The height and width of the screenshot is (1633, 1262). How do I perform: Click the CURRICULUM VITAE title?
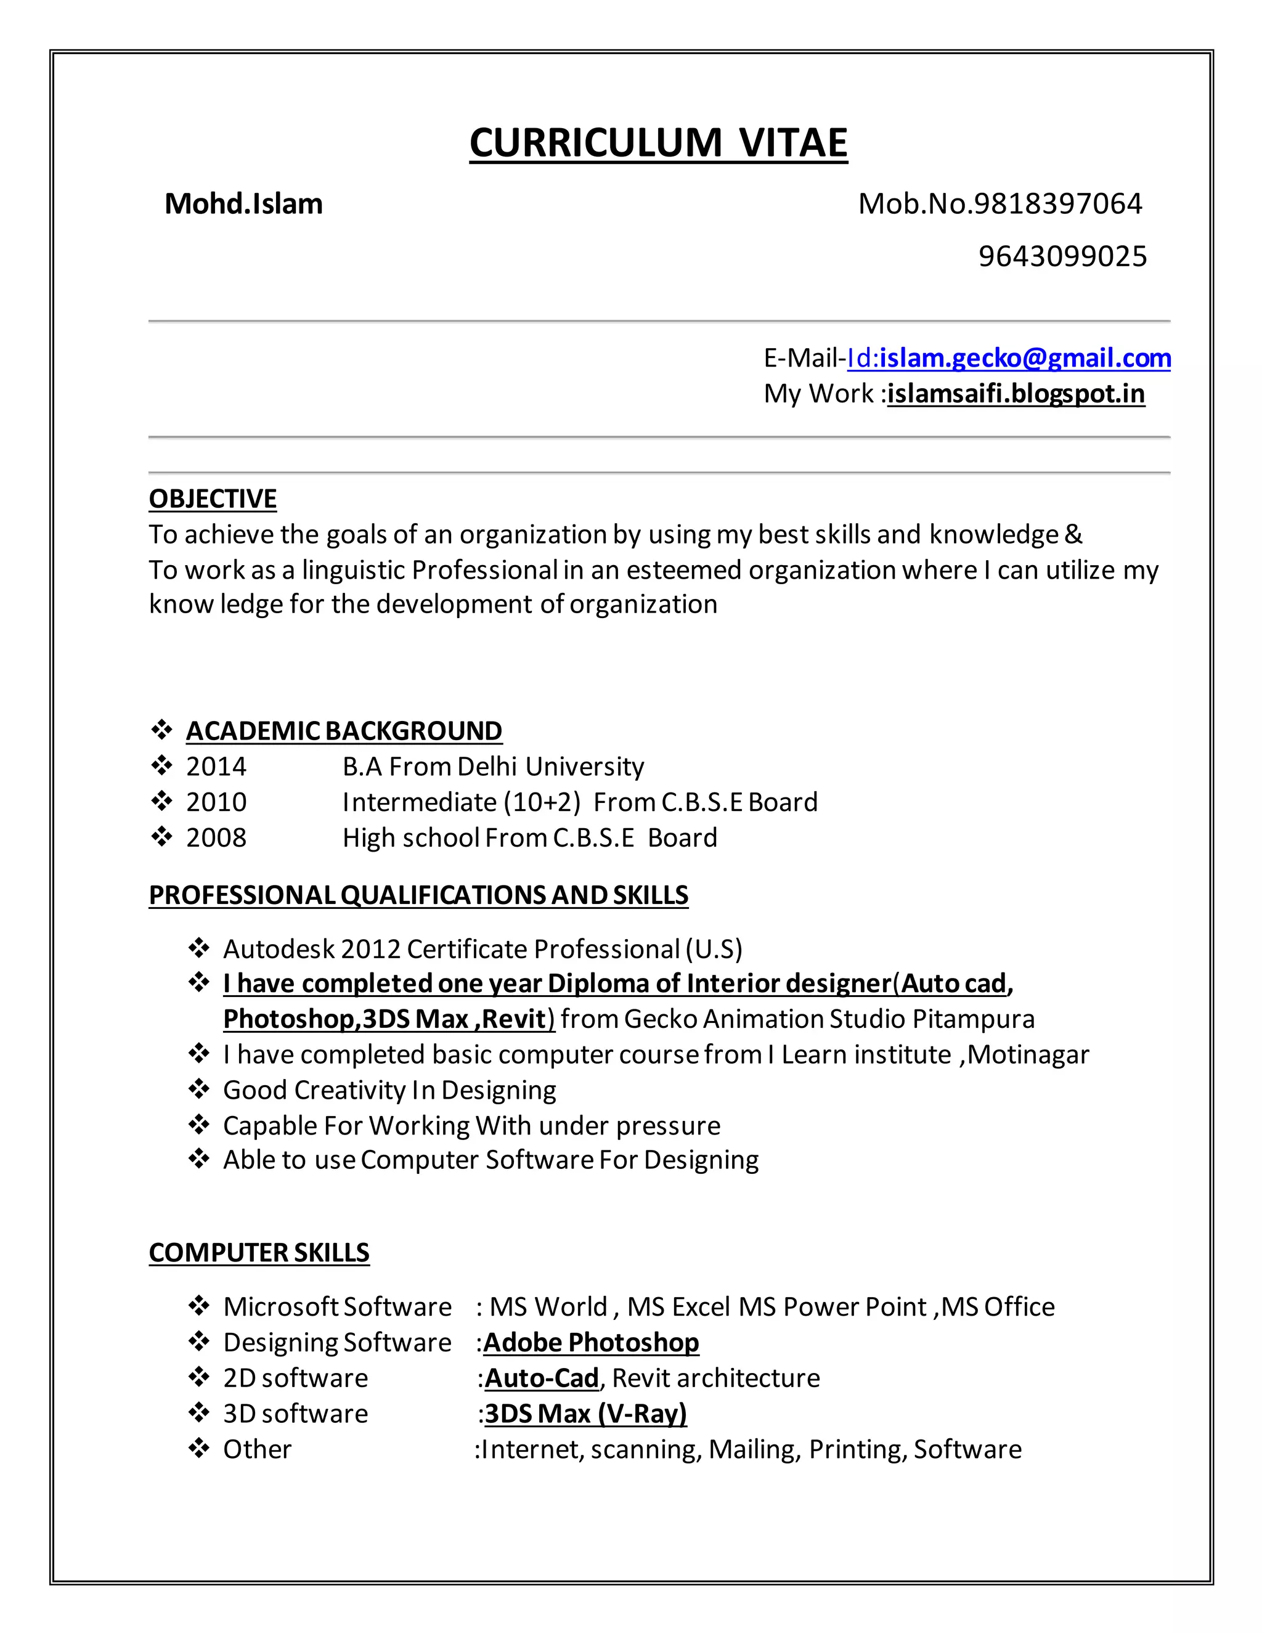(658, 143)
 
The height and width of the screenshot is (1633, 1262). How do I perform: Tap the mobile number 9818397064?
(1057, 204)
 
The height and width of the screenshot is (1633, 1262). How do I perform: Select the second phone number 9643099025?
(1062, 256)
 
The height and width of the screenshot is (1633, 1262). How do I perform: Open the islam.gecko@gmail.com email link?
(1024, 358)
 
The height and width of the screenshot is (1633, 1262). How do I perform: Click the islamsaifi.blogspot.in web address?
(1016, 393)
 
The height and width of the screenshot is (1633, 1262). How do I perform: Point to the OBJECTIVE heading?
(213, 499)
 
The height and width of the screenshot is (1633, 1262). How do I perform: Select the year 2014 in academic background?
(216, 767)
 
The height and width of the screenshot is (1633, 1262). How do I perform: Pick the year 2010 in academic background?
(216, 802)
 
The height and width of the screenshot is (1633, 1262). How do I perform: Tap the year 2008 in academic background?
(216, 837)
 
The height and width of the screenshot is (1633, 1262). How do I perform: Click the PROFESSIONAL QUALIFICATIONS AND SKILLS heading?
(418, 895)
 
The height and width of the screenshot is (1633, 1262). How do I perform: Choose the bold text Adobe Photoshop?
(590, 1342)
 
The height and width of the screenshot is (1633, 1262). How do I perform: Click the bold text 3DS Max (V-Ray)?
(585, 1413)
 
